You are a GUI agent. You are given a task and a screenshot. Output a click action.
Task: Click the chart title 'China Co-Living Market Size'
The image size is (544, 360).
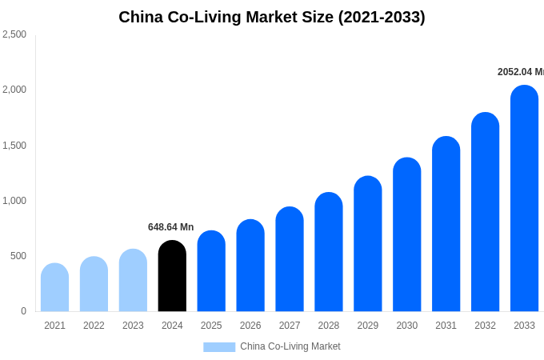[272, 17]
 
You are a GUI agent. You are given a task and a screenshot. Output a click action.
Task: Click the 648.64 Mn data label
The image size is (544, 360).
[170, 227]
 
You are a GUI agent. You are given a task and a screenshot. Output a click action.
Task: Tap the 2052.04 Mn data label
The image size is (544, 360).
[520, 72]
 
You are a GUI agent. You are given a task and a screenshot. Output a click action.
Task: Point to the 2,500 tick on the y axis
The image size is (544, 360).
[14, 34]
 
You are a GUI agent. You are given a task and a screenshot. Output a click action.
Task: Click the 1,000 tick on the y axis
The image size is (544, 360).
[14, 201]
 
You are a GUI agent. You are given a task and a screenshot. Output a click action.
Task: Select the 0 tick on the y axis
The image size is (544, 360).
[23, 311]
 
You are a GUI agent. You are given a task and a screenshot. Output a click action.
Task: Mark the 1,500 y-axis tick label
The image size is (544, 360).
[14, 146]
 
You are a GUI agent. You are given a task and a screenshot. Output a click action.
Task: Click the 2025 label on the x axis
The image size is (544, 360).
[211, 326]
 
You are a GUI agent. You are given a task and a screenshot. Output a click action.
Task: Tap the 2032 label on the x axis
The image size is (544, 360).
[485, 326]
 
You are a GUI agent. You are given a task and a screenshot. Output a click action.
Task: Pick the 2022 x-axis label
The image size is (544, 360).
[94, 326]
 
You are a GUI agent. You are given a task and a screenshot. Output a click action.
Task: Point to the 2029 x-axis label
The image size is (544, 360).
[368, 326]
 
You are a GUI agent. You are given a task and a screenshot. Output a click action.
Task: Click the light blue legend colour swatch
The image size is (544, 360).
[219, 347]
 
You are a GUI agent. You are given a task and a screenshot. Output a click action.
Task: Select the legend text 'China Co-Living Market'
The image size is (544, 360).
[290, 346]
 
